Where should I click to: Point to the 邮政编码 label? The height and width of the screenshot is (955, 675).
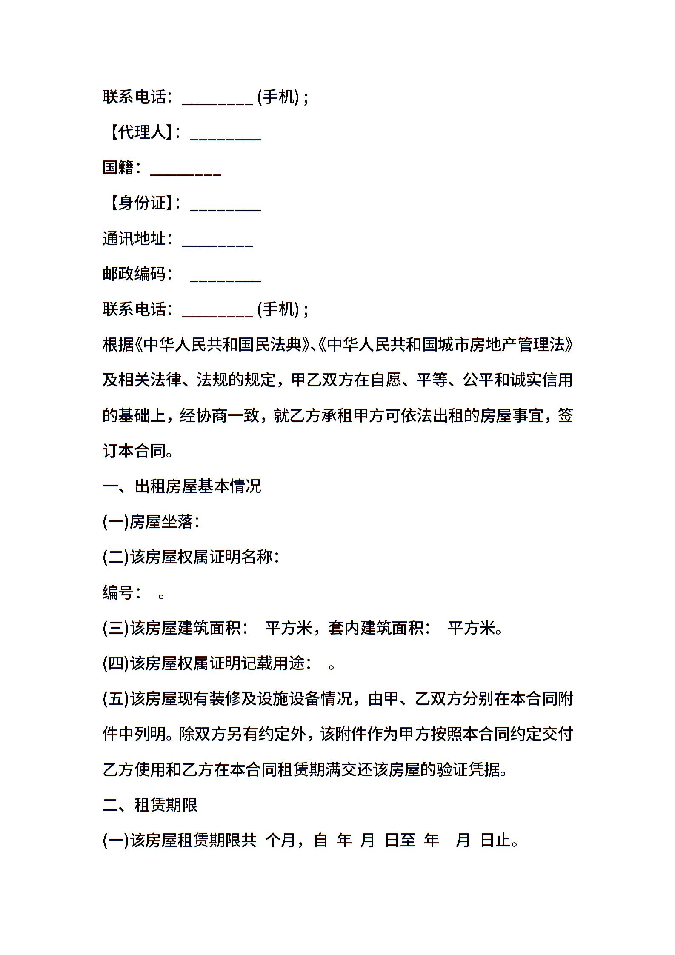[x=134, y=274]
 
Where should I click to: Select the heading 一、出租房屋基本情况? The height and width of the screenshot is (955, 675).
[x=182, y=486]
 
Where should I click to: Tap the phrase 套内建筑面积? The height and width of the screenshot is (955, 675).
[x=376, y=628]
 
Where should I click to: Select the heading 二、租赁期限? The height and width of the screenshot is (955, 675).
[x=150, y=805]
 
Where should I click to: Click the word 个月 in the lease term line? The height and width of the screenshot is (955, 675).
[x=280, y=841]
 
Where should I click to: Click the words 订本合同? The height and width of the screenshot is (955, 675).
[x=134, y=451]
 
